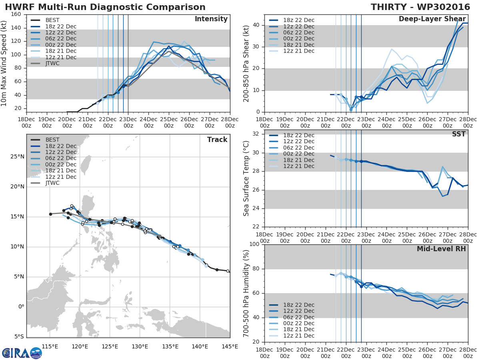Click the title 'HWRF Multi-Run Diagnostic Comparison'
point(105,7)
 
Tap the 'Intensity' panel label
point(211,19)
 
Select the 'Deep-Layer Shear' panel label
point(432,19)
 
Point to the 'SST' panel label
point(459,134)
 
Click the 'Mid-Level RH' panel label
point(441,249)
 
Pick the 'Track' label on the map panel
point(217,140)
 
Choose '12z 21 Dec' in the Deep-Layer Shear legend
point(298,51)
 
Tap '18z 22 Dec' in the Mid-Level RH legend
point(298,305)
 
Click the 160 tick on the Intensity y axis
point(16,14)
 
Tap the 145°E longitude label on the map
point(230,346)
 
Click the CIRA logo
point(22,353)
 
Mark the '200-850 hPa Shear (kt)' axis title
point(246,64)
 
